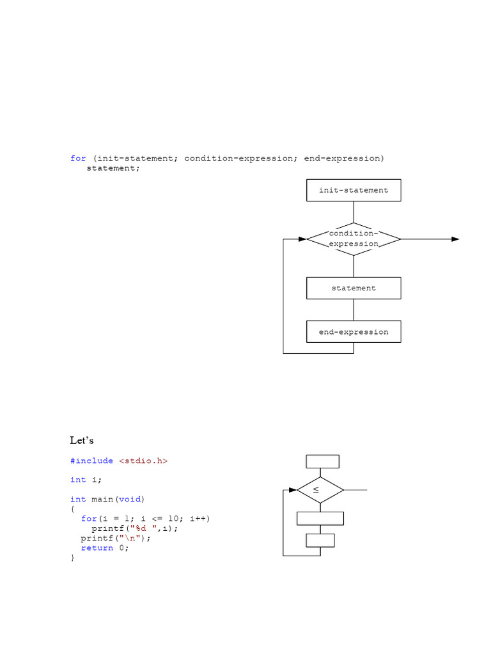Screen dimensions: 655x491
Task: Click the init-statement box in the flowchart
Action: pos(354,191)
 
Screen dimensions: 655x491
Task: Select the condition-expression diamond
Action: pos(354,239)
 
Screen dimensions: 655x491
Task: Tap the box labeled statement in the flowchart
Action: pos(354,288)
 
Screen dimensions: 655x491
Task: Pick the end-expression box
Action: pos(354,332)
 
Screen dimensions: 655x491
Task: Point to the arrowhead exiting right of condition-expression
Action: pos(455,239)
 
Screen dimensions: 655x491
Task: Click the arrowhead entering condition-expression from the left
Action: pos(302,239)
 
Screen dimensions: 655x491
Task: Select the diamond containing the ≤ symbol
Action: pos(320,491)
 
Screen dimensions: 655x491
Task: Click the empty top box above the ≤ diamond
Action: pos(323,461)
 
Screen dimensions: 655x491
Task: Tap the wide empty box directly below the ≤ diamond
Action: pos(320,518)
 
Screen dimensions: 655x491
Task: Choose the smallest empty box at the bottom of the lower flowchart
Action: pos(320,541)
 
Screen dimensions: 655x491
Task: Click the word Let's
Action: pos(82,441)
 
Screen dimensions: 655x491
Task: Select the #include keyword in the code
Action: pos(92,461)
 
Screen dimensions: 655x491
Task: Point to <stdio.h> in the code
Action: pos(143,461)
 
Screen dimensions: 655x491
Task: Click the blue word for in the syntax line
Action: pos(78,159)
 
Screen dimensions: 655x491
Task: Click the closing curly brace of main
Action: pos(73,558)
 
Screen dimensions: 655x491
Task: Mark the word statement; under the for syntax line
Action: pos(113,168)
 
